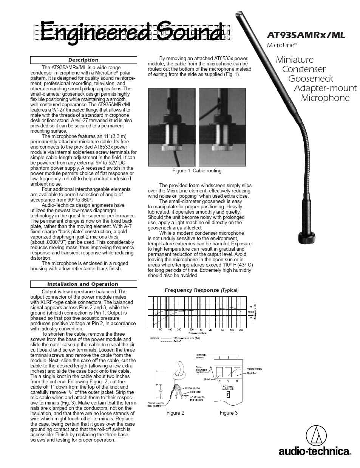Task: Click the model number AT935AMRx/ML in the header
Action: point(306,35)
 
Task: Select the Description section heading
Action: point(83,60)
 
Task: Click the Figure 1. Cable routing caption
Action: point(197,171)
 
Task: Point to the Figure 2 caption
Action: point(175,413)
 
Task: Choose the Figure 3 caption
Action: point(229,413)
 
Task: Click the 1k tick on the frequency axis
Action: point(201,330)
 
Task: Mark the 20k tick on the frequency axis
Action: point(241,330)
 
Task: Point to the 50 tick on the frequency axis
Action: point(161,330)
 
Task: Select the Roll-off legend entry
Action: point(177,341)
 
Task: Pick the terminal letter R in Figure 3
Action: point(237,381)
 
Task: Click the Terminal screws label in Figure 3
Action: point(201,356)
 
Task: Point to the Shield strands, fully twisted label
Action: point(156,404)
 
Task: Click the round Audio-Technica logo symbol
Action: point(316,435)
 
